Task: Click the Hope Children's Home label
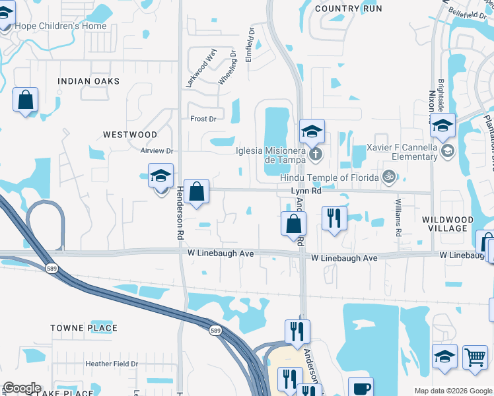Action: click(x=61, y=26)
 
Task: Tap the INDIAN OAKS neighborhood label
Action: click(x=88, y=81)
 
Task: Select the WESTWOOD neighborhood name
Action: click(x=130, y=135)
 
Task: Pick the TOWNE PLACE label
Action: click(x=84, y=328)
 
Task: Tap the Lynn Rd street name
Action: click(x=306, y=191)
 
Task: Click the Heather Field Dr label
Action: click(x=111, y=364)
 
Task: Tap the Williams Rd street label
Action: click(x=398, y=217)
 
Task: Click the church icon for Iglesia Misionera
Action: click(x=316, y=154)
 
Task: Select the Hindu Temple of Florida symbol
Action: click(x=390, y=176)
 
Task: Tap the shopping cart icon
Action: click(x=475, y=357)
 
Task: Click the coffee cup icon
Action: click(x=361, y=388)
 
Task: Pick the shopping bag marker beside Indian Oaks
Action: click(x=26, y=100)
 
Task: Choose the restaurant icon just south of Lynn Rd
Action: click(x=334, y=218)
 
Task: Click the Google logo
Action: click(x=22, y=389)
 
